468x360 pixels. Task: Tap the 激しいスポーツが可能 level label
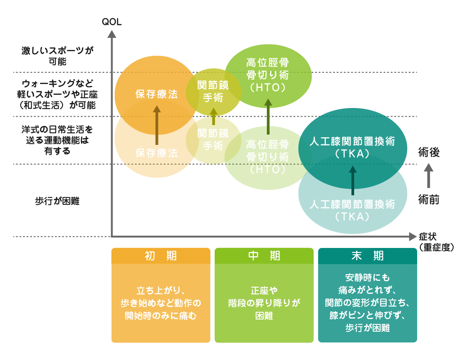(57, 56)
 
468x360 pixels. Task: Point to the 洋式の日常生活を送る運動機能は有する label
(57, 140)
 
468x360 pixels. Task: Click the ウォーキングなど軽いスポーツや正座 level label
(57, 94)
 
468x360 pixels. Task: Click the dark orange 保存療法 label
(157, 94)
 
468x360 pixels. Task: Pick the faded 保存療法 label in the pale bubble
(157, 153)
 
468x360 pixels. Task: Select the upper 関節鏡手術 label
(213, 91)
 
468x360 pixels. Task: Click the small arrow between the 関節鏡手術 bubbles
(213, 116)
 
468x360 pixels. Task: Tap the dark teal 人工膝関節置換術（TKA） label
(352, 147)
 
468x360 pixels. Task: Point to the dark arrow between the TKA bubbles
(352, 180)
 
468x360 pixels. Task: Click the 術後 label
(428, 152)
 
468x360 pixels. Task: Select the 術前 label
(428, 199)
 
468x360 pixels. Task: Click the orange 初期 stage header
(161, 256)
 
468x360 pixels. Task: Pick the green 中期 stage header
(264, 256)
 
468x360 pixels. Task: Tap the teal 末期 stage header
(368, 256)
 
